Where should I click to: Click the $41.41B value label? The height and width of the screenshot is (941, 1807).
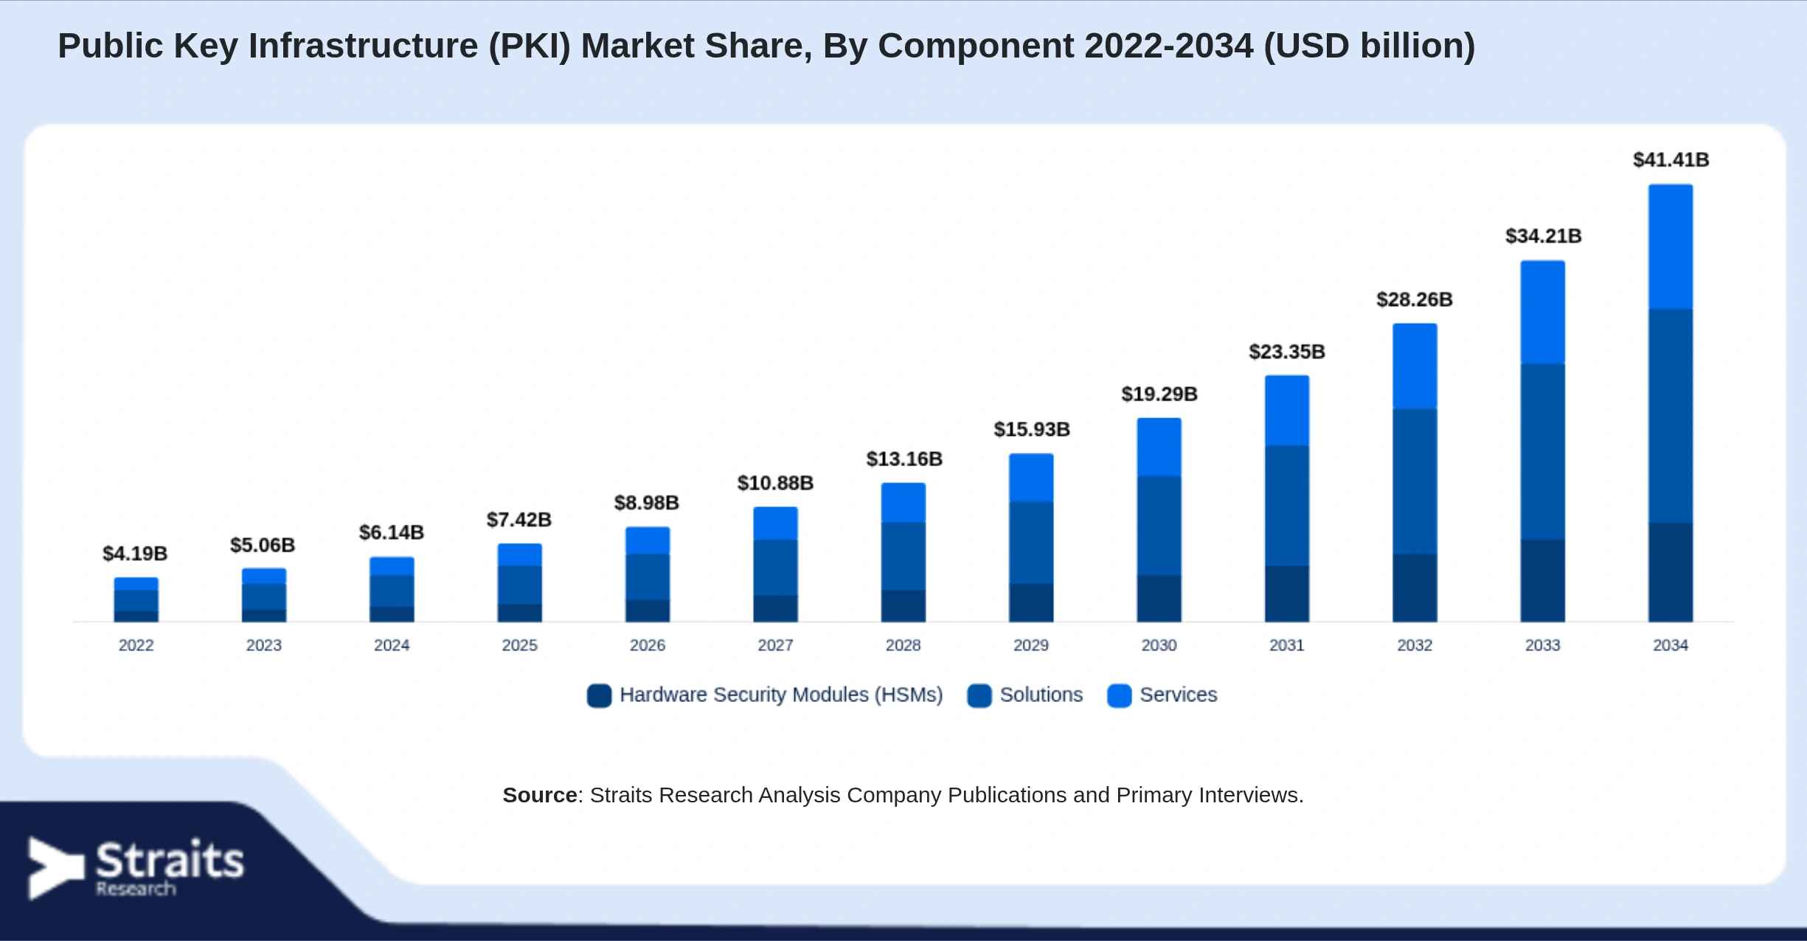pyautogui.click(x=1671, y=160)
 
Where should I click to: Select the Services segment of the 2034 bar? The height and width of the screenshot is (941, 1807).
pyautogui.click(x=1671, y=246)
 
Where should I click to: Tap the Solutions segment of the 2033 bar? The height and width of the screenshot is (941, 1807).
pyautogui.click(x=1542, y=452)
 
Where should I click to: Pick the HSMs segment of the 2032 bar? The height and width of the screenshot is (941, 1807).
pyautogui.click(x=1415, y=588)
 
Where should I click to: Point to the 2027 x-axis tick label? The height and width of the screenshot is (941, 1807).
pyautogui.click(x=775, y=645)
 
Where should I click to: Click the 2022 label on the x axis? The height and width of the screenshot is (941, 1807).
pyautogui.click(x=136, y=645)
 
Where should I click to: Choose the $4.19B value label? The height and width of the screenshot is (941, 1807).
pyautogui.click(x=135, y=554)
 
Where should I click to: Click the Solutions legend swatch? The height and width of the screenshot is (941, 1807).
pyautogui.click(x=979, y=695)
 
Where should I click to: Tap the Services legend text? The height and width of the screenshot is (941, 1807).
pyautogui.click(x=1178, y=695)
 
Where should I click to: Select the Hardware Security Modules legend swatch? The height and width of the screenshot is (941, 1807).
pyautogui.click(x=599, y=695)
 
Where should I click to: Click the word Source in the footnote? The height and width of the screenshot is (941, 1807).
pyautogui.click(x=540, y=795)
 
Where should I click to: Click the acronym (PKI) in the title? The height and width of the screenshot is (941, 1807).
pyautogui.click(x=530, y=46)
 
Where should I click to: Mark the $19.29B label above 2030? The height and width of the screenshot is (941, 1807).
pyautogui.click(x=1159, y=395)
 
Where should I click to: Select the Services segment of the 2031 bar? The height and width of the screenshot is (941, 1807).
pyautogui.click(x=1287, y=411)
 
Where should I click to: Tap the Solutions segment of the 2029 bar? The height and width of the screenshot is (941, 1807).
pyautogui.click(x=1031, y=543)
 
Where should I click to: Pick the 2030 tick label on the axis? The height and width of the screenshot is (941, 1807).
pyautogui.click(x=1159, y=645)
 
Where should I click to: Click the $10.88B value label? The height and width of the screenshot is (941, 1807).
pyautogui.click(x=775, y=484)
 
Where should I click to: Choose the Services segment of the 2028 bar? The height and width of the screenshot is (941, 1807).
pyautogui.click(x=903, y=503)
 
